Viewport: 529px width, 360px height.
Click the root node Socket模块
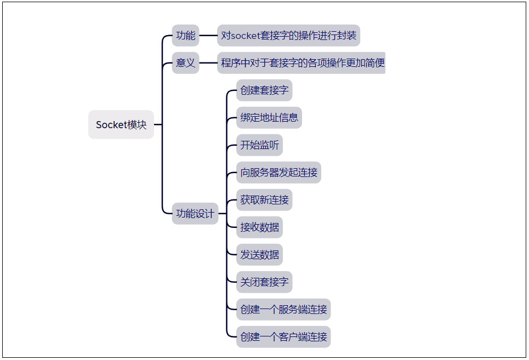tap(121, 125)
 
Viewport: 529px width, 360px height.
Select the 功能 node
tap(185, 36)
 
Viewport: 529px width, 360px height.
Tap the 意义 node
tap(185, 63)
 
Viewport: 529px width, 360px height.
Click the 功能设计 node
tap(195, 214)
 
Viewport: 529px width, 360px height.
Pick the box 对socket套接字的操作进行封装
tap(288, 36)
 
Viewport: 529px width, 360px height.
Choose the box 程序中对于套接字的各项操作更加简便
tap(302, 63)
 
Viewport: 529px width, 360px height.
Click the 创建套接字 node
tap(264, 90)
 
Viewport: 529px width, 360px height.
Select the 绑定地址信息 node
tap(269, 118)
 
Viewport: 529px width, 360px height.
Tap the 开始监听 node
tap(259, 145)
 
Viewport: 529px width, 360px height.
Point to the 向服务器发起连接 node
tap(278, 173)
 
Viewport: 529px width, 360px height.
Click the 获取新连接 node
tap(264, 200)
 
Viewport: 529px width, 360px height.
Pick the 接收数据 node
tap(259, 227)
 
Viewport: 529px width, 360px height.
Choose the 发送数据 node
tap(259, 255)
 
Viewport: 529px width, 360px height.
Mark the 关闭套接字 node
tap(264, 282)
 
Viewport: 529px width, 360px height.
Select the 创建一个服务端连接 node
tap(283, 310)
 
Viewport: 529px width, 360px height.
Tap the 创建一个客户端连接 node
tap(283, 337)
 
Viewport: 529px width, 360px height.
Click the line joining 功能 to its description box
tap(208, 36)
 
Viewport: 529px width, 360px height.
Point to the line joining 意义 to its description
tap(208, 63)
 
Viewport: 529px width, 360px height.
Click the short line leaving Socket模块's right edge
tap(158, 125)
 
